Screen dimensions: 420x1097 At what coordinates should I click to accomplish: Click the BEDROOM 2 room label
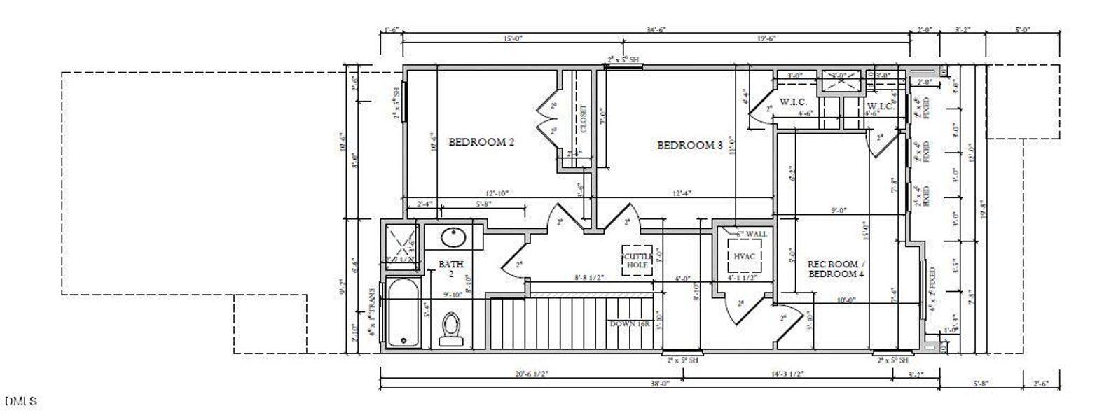point(481,142)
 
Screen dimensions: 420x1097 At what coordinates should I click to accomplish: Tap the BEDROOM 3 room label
point(689,146)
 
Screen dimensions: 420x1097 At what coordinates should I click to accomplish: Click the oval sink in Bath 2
point(453,237)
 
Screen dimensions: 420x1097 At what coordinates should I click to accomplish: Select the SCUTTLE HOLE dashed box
point(637,260)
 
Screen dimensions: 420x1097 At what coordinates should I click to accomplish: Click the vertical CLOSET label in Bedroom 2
point(583,119)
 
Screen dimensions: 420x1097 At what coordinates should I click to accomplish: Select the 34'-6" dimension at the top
point(656,29)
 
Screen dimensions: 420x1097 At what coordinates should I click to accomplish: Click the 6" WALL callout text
point(751,233)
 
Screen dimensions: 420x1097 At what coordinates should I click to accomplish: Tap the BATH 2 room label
point(451,269)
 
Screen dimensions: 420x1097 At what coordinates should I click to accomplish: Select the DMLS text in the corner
point(21,402)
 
